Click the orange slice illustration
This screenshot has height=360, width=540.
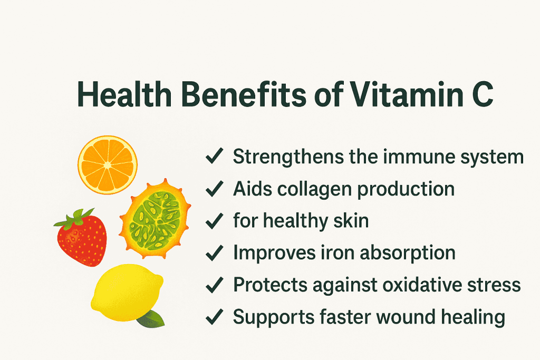coord(108,165)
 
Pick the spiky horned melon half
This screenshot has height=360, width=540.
coord(155,221)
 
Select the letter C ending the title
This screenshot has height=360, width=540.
coord(481,96)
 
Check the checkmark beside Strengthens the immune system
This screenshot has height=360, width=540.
coord(214,158)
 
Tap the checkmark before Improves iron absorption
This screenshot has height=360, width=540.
coord(214,254)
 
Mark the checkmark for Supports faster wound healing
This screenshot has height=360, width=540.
coord(214,317)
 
